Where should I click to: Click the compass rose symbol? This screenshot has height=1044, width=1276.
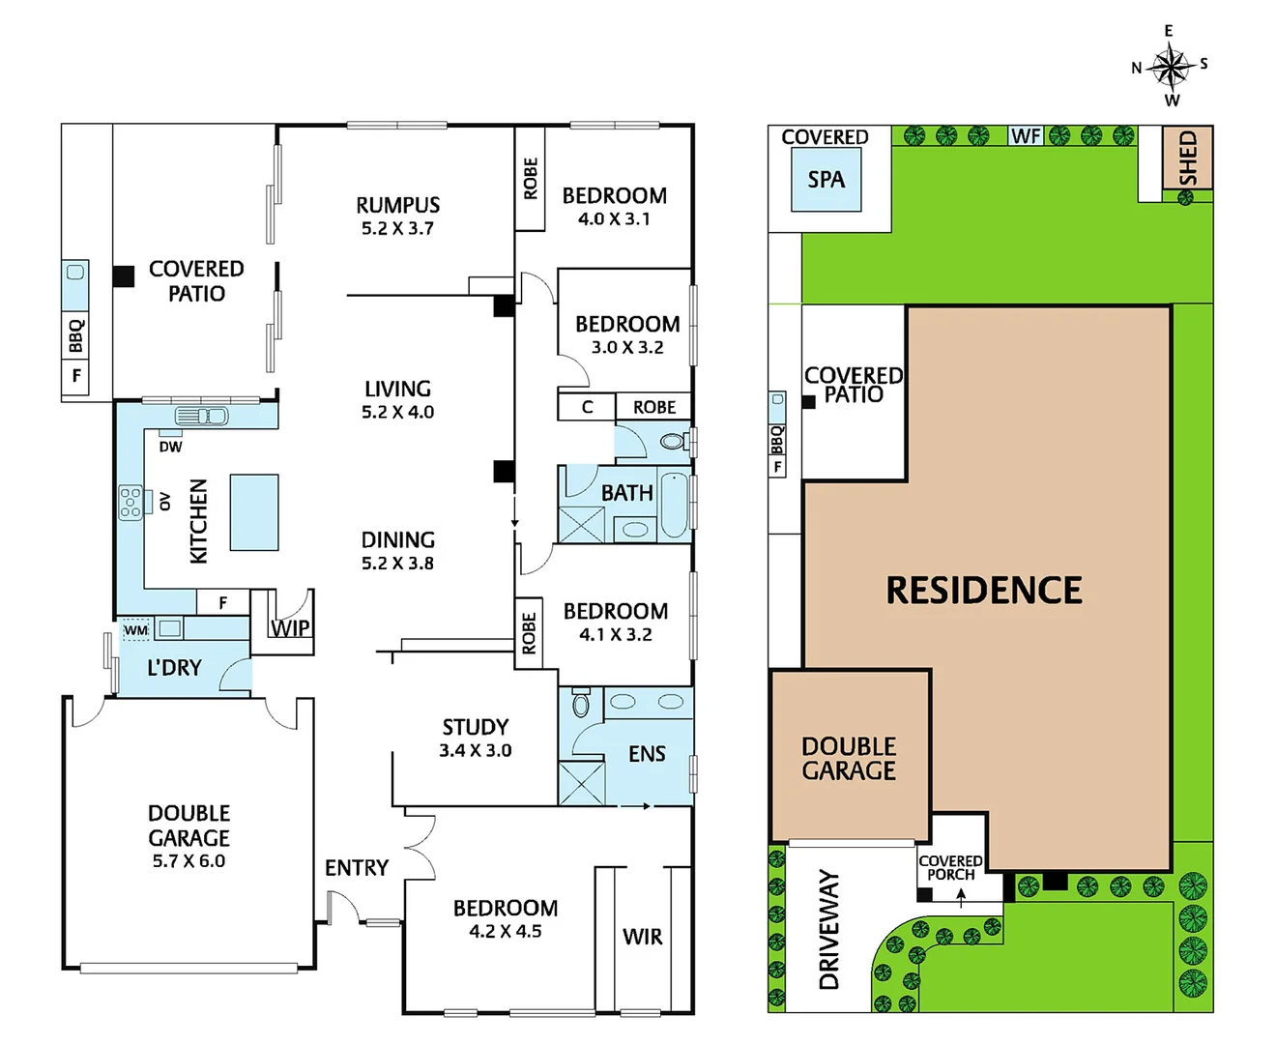click(x=1171, y=67)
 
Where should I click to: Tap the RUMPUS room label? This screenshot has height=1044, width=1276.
click(x=397, y=205)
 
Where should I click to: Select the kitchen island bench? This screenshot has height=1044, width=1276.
click(x=254, y=512)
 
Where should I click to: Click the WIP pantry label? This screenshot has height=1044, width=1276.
click(x=290, y=628)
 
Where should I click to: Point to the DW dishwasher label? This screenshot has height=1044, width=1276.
click(x=170, y=447)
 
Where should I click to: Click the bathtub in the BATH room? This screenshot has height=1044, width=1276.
click(x=674, y=504)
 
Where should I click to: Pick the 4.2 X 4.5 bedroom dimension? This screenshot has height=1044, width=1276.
click(x=505, y=932)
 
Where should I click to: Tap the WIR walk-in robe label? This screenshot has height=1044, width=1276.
click(x=643, y=937)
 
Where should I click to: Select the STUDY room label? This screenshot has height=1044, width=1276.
click(x=475, y=727)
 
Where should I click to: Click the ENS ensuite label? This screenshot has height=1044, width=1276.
click(x=647, y=754)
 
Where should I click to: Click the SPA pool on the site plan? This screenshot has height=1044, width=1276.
click(x=826, y=181)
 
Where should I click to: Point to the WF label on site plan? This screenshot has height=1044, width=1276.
click(x=1026, y=136)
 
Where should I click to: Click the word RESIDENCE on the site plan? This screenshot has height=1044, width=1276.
click(x=984, y=591)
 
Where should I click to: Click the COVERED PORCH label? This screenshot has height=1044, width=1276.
click(x=950, y=867)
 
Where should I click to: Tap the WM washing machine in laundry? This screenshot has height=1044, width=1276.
click(x=135, y=630)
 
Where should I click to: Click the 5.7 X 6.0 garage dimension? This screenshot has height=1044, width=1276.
click(x=188, y=861)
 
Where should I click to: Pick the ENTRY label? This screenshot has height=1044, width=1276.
click(x=357, y=868)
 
